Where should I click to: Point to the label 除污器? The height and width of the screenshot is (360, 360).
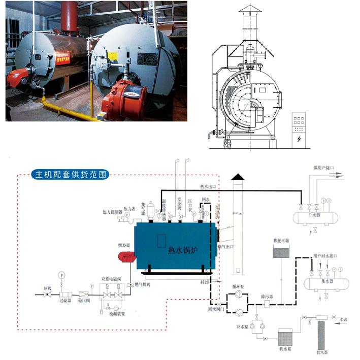267,296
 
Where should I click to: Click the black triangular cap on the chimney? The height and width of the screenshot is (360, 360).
237,177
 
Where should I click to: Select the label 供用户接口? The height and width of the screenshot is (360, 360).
324,167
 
